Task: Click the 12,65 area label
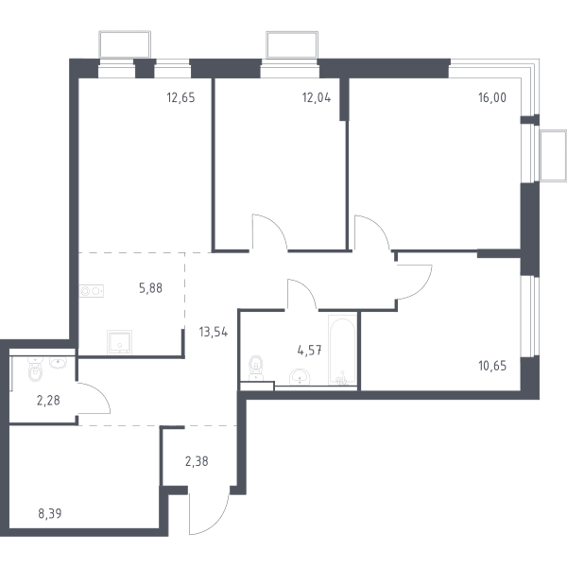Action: [x=180, y=97]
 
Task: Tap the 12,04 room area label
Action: [x=317, y=97]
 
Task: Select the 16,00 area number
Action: [x=492, y=97]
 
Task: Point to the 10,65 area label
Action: [x=492, y=366]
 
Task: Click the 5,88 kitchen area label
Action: [x=151, y=288]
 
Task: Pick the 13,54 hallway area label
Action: [x=214, y=332]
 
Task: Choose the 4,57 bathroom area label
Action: [x=310, y=351]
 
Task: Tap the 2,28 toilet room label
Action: [x=48, y=401]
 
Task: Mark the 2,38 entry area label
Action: [x=197, y=462]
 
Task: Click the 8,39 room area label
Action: [x=50, y=513]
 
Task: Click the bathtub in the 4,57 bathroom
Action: [x=342, y=350]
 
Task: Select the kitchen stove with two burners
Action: [x=92, y=291]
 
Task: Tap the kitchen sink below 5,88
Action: [x=119, y=342]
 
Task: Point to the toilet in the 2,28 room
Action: [x=35, y=369]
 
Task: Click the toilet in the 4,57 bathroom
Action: [x=256, y=368]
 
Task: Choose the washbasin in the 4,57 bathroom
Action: [x=300, y=377]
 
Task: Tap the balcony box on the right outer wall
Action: [x=553, y=156]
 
